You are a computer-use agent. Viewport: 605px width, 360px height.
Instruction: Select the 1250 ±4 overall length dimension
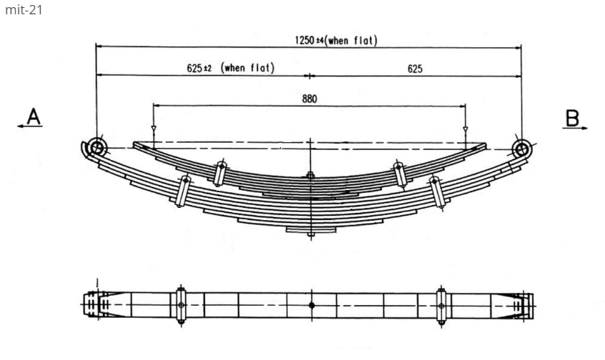point(336,40)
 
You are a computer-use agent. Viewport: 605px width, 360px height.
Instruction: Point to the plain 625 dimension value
point(415,69)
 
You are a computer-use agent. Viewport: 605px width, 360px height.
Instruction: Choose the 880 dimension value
point(309,99)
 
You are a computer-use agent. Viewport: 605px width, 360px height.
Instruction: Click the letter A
point(34,115)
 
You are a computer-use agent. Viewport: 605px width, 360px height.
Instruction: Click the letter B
point(572,116)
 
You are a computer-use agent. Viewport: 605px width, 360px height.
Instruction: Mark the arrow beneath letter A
point(30,128)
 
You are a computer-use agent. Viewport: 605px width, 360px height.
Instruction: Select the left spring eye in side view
point(97,148)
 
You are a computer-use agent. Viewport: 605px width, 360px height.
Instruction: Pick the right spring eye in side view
point(522,148)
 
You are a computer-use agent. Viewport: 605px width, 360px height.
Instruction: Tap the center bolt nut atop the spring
point(310,175)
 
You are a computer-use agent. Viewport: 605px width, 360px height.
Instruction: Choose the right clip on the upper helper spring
point(398,174)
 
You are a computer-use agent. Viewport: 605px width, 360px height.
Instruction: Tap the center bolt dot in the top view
point(311,305)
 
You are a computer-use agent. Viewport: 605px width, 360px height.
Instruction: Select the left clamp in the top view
point(181,305)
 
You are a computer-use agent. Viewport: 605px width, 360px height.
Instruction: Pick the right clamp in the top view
point(441,305)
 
